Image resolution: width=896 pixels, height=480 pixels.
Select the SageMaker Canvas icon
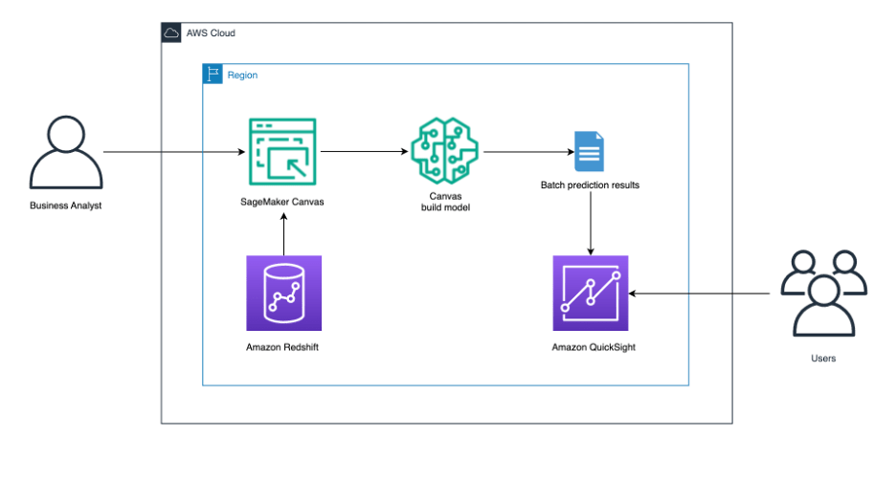coord(282,152)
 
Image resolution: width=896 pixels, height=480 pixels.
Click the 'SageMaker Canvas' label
coord(282,202)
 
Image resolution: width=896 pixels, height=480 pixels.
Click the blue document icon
coord(589,152)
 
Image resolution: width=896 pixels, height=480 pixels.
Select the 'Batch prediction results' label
coord(590,185)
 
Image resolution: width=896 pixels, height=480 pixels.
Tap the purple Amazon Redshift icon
coord(283,293)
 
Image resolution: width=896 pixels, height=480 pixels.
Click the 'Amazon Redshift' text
coord(282,347)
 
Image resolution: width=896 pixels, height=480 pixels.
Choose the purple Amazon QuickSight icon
coord(590,293)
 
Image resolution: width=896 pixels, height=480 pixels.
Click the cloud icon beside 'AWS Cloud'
coord(172,33)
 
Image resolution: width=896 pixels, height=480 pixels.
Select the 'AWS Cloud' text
coord(211,33)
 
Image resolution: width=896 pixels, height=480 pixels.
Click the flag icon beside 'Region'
coord(213,75)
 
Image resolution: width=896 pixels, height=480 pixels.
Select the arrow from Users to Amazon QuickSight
coord(699,294)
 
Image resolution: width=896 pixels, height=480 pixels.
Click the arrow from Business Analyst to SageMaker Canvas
coord(172,152)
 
